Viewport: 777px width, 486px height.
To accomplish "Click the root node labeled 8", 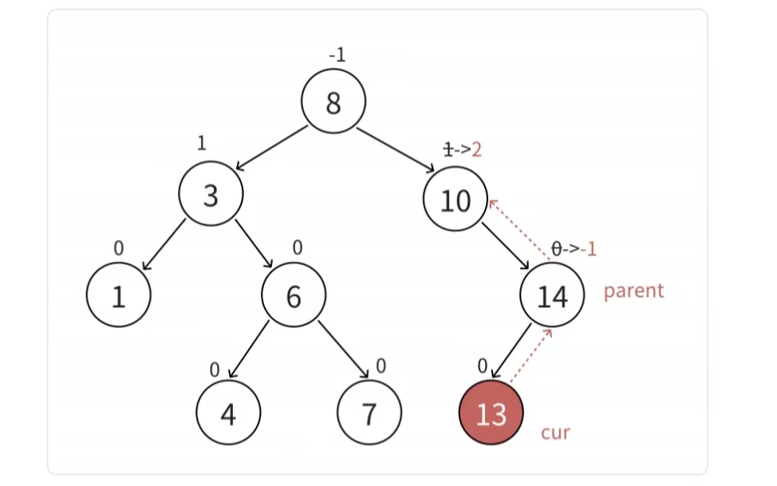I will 333,102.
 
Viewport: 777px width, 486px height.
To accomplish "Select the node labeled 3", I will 211,196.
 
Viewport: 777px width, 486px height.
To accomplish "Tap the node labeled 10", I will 456,200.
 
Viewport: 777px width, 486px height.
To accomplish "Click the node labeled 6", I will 294,296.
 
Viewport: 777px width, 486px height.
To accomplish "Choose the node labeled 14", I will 552,296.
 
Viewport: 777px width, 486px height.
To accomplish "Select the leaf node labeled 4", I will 228,413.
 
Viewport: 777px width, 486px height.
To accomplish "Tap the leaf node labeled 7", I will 369,413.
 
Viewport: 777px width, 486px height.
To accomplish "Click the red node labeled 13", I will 491,413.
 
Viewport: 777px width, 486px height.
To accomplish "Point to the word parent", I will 633,290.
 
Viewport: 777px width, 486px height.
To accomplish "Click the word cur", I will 555,433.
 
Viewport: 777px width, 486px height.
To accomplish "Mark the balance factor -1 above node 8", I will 337,56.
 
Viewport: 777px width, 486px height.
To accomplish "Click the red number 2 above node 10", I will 477,149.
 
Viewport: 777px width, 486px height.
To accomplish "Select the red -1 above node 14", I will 589,249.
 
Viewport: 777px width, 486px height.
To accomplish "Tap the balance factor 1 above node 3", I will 201,144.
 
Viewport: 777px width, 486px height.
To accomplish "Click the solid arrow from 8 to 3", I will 271,148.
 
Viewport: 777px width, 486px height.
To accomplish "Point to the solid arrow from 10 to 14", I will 507,247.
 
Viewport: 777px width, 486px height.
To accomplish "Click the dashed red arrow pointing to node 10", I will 519,229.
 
